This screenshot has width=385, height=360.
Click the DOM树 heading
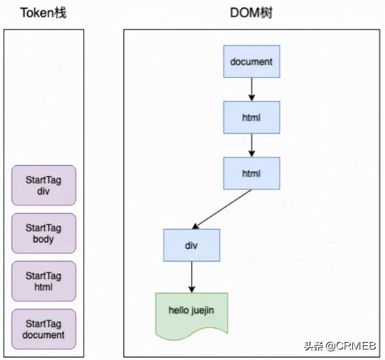pyautogui.click(x=251, y=13)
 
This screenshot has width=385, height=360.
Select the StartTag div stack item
pyautogui.click(x=44, y=185)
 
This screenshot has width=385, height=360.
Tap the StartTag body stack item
pyautogui.click(x=44, y=233)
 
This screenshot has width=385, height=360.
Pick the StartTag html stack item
pyautogui.click(x=44, y=280)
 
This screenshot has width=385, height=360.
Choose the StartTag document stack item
pyautogui.click(x=44, y=329)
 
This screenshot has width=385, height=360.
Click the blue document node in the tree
pyautogui.click(x=252, y=62)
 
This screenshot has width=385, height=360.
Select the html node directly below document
pyautogui.click(x=252, y=117)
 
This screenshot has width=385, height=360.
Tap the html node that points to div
pyautogui.click(x=252, y=173)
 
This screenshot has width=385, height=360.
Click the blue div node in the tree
pyautogui.click(x=191, y=245)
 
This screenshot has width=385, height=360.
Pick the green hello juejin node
pyautogui.click(x=191, y=313)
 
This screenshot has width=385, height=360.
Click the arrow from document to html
pyautogui.click(x=252, y=89)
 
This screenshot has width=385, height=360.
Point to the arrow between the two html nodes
pyautogui.click(x=252, y=145)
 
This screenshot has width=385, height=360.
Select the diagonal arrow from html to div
pyautogui.click(x=221, y=209)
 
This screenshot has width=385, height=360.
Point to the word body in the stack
pyautogui.click(x=44, y=239)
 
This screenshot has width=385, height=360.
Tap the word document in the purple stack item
pyautogui.click(x=44, y=334)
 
